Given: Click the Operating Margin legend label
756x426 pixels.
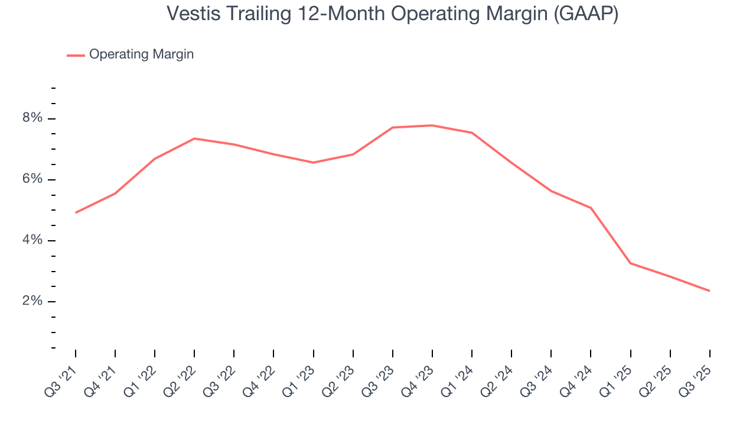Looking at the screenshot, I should (x=141, y=54).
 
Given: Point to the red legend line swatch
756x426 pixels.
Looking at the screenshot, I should (x=76, y=55).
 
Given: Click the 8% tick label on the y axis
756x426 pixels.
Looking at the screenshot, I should (x=32, y=118).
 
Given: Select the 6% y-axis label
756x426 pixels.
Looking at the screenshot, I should (x=32, y=179).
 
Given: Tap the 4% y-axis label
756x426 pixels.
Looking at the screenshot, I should (x=32, y=240).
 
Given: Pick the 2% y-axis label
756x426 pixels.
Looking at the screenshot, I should (x=32, y=301).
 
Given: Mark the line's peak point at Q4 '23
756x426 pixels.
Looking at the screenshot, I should (x=432, y=125).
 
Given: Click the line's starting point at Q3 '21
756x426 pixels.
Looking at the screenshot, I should (x=76, y=212).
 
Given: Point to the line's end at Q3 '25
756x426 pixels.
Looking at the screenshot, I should (x=709, y=291).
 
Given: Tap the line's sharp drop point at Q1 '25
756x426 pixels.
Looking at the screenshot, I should (x=630, y=263).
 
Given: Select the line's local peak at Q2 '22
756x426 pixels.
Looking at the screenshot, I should (x=194, y=138).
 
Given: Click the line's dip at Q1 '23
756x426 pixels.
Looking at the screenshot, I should (x=313, y=163).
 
